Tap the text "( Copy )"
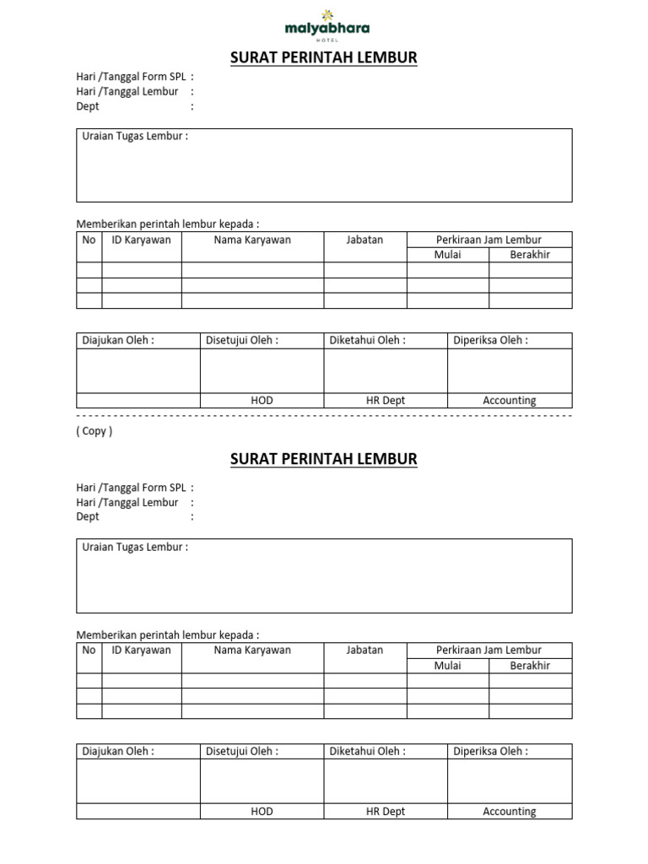point(94,431)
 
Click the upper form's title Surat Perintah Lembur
point(324,58)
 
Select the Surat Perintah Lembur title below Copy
point(324,460)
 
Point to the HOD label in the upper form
point(262,401)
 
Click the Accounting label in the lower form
point(509,812)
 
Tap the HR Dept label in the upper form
point(386,401)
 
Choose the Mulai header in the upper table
point(447,255)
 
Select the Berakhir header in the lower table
point(530,666)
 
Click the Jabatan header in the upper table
point(364,240)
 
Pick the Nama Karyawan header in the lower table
point(252,651)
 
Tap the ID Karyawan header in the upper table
point(141,240)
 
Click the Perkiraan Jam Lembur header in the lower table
point(489,651)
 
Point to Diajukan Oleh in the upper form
point(118,341)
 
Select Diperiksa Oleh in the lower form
point(490,752)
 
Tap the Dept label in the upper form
point(88,106)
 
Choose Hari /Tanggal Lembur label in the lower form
point(127,503)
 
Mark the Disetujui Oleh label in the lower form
point(242,752)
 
